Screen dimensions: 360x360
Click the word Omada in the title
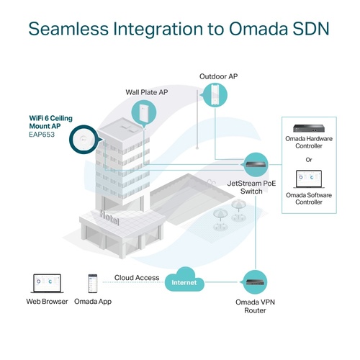pos(258,29)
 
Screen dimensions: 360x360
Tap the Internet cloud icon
pos(184,280)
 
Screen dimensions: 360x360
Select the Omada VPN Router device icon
pos(255,282)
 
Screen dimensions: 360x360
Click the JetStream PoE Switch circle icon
pos(256,165)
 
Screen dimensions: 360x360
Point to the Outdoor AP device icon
pos(215,94)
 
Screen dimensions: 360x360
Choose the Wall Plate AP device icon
pos(143,112)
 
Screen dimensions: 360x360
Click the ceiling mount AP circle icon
pos(84,140)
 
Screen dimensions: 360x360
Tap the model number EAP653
pos(42,135)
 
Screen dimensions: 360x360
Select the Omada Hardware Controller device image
pos(309,128)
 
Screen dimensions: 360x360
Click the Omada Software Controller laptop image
pos(309,179)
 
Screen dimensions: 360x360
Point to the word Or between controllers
pos(309,160)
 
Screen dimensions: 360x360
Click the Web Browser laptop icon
pos(48,284)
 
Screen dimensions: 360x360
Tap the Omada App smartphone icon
pos(93,284)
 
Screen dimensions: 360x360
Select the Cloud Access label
pos(137,278)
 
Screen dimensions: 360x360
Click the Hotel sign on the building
pos(109,217)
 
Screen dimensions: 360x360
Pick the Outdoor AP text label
pos(219,76)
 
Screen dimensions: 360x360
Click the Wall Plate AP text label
pos(147,92)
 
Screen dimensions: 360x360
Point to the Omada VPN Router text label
pos(255,306)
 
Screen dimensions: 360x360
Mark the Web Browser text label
pos(47,302)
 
